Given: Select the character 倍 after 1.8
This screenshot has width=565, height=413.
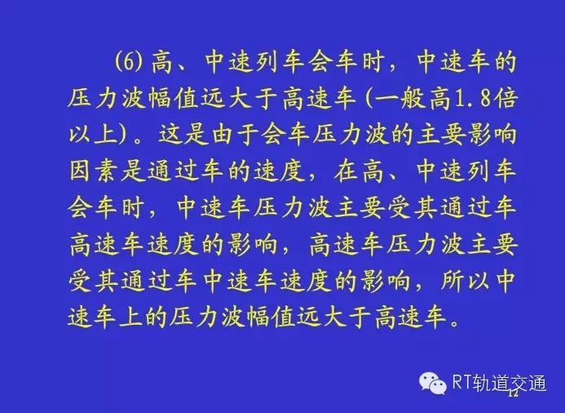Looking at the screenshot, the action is (505, 99).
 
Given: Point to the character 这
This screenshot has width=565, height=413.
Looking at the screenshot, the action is (170, 135).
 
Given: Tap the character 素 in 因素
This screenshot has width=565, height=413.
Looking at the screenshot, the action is (105, 171).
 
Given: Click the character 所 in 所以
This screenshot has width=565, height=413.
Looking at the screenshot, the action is (452, 281).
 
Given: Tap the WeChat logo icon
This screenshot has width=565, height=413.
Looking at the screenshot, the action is (433, 383).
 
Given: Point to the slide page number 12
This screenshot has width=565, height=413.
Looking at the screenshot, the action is (513, 393).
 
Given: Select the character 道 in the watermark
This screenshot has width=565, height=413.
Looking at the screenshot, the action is (500, 383).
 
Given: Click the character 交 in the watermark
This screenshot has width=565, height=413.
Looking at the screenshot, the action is (519, 383).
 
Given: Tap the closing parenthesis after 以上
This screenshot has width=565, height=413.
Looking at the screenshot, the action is (124, 135).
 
